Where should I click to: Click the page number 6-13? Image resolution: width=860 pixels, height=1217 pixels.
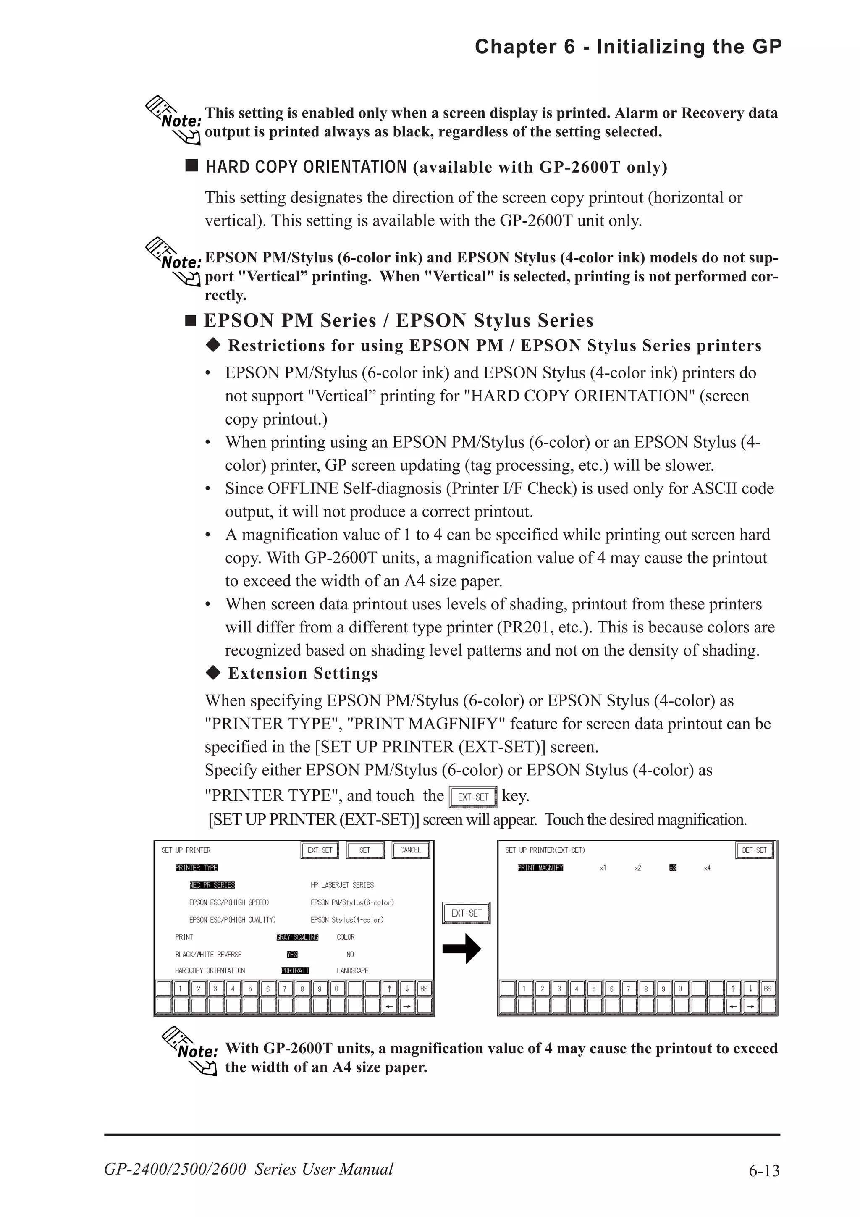pyautogui.click(x=763, y=1170)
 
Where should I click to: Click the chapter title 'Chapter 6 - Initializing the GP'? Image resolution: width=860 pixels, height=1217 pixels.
pyautogui.click(x=628, y=47)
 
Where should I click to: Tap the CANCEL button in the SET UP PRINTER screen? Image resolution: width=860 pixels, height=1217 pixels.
pyautogui.click(x=410, y=850)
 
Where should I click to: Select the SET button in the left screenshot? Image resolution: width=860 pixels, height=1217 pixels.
pyautogui.click(x=364, y=850)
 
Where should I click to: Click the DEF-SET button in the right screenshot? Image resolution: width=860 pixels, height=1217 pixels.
pyautogui.click(x=754, y=850)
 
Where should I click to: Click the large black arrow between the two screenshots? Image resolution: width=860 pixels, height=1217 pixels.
pyautogui.click(x=461, y=949)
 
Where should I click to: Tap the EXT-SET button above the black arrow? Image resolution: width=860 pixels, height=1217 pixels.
pyautogui.click(x=466, y=913)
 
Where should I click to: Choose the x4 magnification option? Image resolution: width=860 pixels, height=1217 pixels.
pyautogui.click(x=707, y=868)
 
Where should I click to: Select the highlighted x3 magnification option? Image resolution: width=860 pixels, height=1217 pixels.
pyautogui.click(x=672, y=868)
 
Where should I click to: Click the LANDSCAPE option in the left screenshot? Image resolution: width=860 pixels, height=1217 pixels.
pyautogui.click(x=352, y=970)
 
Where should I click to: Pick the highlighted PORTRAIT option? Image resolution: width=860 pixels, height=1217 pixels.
pyautogui.click(x=295, y=970)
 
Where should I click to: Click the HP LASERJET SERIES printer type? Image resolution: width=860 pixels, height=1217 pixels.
pyautogui.click(x=342, y=885)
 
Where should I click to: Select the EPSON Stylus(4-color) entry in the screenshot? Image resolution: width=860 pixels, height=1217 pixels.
pyautogui.click(x=347, y=920)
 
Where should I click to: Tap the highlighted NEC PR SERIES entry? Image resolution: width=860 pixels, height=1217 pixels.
pyautogui.click(x=212, y=885)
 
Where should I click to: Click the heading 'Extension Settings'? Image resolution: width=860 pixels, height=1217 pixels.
pyautogui.click(x=303, y=673)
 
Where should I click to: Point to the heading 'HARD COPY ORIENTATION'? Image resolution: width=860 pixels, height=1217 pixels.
pyautogui.click(x=306, y=167)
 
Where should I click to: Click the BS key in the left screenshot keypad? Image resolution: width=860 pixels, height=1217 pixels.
pyautogui.click(x=423, y=989)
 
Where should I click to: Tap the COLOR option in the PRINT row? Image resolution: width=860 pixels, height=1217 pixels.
pyautogui.click(x=346, y=937)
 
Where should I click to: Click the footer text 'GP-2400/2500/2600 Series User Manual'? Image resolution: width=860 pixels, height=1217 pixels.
pyautogui.click(x=249, y=1169)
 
